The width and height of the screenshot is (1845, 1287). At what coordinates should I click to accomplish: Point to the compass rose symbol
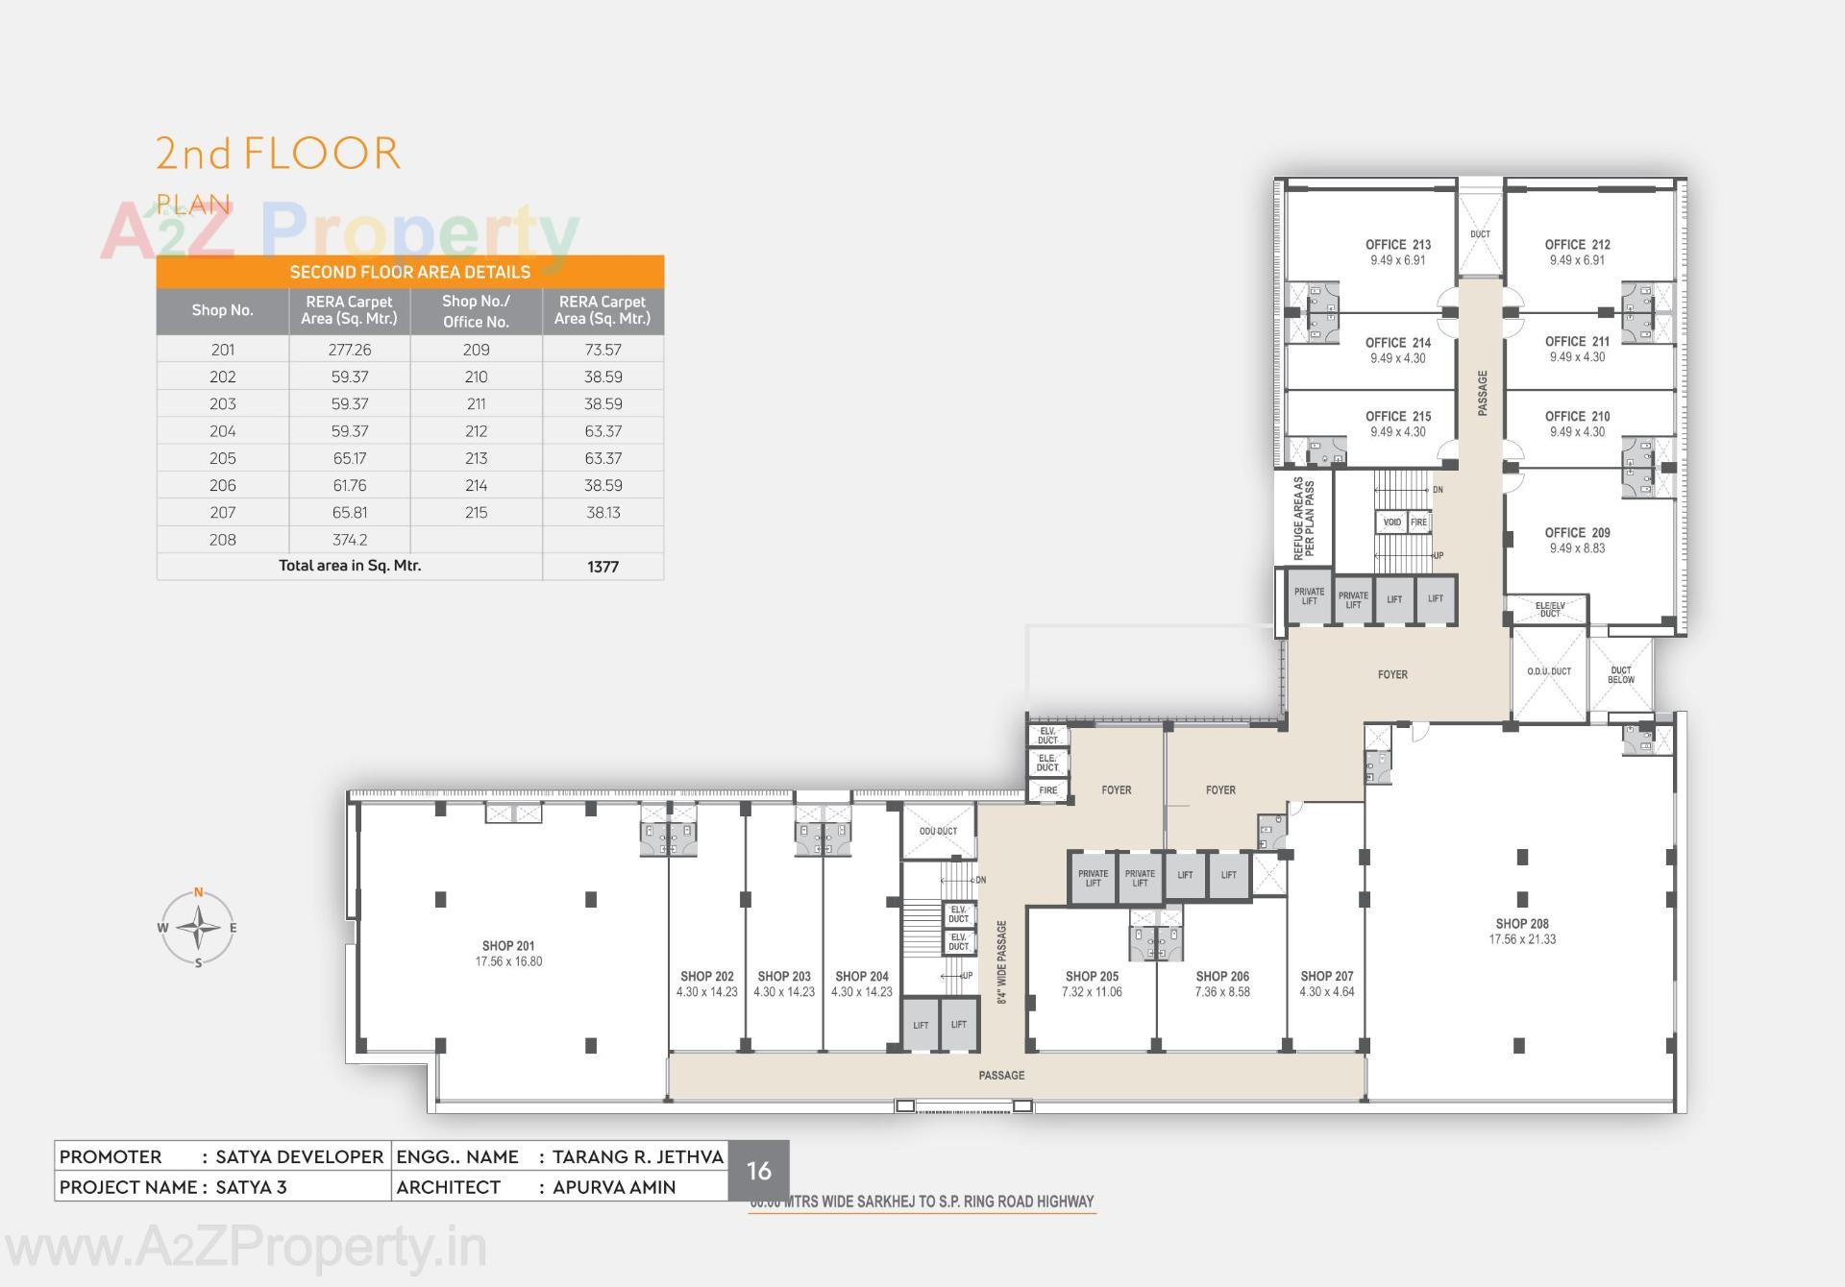point(198,928)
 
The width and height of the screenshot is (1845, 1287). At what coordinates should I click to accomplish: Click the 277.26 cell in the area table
point(350,350)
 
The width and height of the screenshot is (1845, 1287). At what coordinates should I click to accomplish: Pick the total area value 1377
point(603,567)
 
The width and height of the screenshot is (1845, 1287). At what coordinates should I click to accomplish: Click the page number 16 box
point(758,1170)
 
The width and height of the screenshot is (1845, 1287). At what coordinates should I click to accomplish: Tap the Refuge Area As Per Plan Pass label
point(1304,519)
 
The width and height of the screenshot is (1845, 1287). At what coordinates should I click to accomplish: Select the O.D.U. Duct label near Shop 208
point(1549,671)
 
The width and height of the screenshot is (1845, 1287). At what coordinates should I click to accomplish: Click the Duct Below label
point(1621,675)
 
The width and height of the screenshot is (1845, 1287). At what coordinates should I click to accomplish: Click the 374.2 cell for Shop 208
point(350,540)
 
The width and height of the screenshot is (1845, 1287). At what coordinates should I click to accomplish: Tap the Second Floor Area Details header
point(410,272)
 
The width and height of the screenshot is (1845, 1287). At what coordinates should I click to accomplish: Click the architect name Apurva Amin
point(614,1187)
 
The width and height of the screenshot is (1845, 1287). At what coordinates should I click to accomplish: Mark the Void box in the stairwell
point(1392,522)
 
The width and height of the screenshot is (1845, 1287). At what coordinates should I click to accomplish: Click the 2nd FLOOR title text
point(278,154)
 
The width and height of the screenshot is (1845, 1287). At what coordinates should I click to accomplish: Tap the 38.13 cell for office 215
point(603,512)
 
